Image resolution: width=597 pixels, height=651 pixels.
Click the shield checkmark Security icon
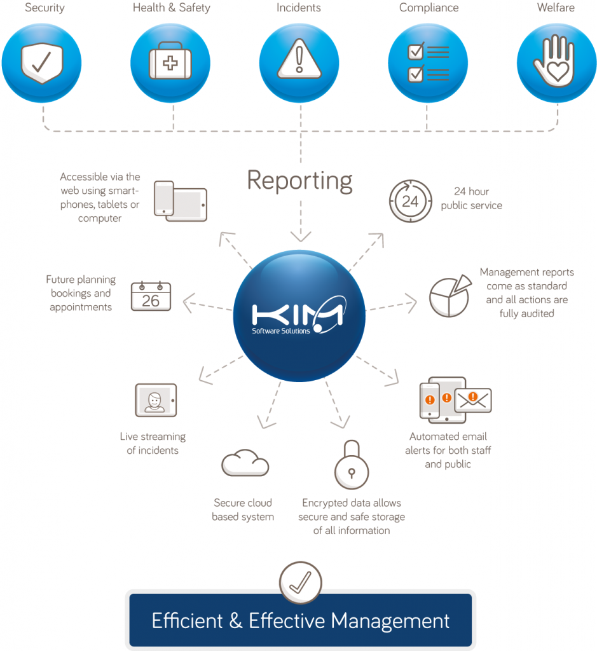click(x=41, y=63)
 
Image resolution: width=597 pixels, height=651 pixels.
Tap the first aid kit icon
click(x=170, y=63)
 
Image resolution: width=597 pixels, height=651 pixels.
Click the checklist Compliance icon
click(x=428, y=63)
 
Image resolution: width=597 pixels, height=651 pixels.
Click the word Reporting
click(x=299, y=181)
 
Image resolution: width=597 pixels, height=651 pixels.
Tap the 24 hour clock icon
click(x=410, y=201)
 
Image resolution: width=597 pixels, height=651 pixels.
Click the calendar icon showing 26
click(x=151, y=296)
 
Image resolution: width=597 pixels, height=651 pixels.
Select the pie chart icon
click(x=450, y=296)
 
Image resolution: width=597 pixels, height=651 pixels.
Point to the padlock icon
click(x=352, y=465)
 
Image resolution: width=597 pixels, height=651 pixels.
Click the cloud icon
click(x=245, y=463)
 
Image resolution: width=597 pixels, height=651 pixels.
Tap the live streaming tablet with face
click(x=156, y=401)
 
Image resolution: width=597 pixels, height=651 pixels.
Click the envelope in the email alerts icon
click(x=473, y=401)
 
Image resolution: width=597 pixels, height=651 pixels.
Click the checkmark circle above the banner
click(x=300, y=582)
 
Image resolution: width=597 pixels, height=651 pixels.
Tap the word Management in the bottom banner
click(x=390, y=621)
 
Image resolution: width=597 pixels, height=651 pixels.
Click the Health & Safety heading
click(x=172, y=8)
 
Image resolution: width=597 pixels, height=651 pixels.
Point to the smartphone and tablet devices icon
click(x=180, y=201)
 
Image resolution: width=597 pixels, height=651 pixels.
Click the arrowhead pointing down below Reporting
click(x=301, y=236)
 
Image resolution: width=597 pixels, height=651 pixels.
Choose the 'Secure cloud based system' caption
click(x=243, y=510)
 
